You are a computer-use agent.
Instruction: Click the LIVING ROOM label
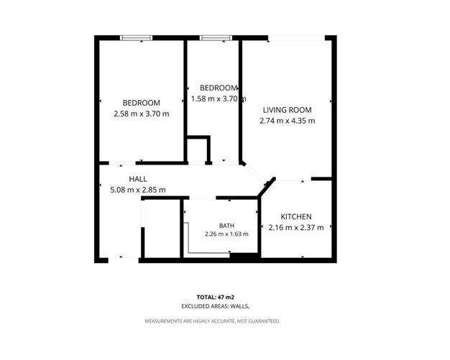tap(288, 110)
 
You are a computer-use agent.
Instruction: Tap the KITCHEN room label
tap(296, 216)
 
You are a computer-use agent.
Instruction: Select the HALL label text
tap(138, 179)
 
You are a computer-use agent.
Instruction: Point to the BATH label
tap(226, 226)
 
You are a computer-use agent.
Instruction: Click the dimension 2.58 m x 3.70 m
tap(142, 114)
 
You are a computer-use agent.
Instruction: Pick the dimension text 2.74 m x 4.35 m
tap(288, 121)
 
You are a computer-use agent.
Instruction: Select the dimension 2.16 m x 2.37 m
tap(296, 228)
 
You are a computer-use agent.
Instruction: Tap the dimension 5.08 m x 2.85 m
tap(138, 190)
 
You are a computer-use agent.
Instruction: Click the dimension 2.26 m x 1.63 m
tap(226, 234)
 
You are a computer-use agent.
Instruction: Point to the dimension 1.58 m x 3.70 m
tap(219, 99)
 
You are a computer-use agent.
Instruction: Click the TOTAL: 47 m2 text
tap(216, 297)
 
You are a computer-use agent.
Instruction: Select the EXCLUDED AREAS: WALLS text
tap(215, 306)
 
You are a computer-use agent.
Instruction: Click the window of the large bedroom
tap(136, 37)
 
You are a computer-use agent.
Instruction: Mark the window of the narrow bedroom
tap(216, 37)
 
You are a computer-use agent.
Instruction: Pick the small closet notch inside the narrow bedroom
tap(198, 149)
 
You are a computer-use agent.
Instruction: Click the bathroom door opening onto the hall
tap(203, 198)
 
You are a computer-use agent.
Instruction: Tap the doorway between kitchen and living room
tap(293, 179)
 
